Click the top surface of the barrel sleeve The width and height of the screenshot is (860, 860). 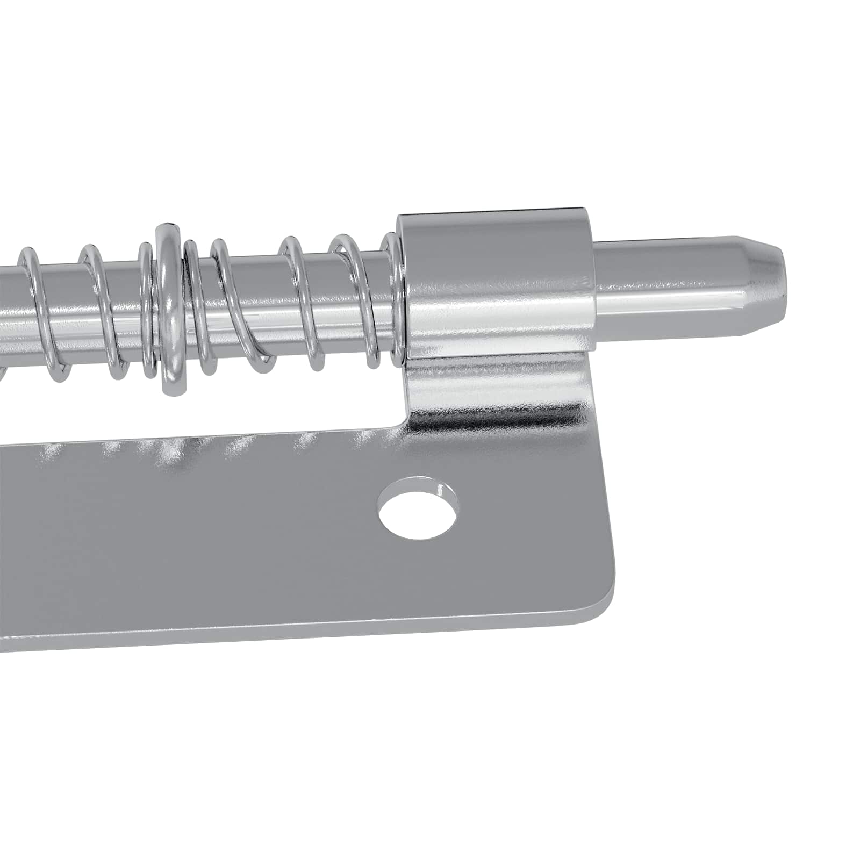(x=489, y=212)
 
